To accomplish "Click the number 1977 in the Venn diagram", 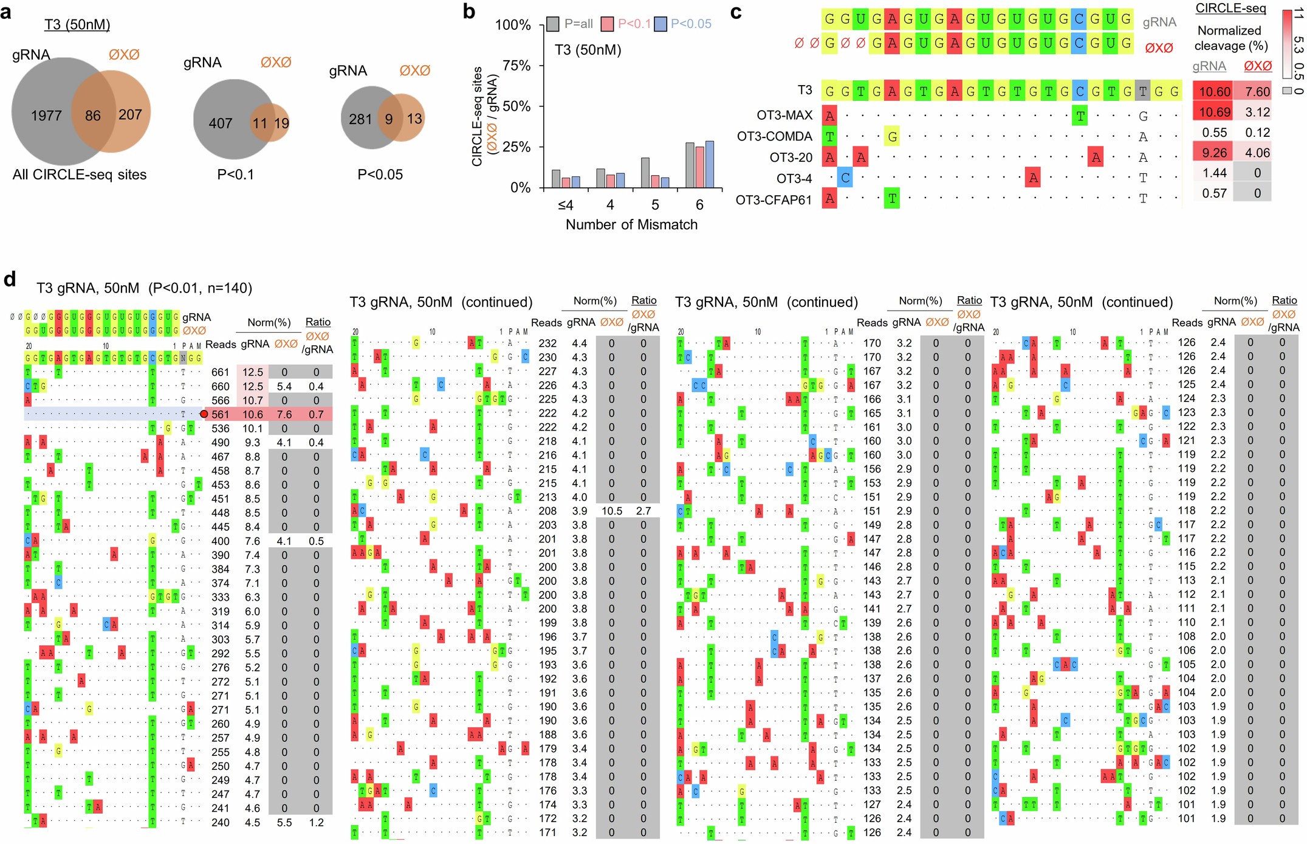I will point(46,116).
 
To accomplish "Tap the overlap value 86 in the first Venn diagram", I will point(93,116).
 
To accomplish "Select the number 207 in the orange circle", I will point(130,114).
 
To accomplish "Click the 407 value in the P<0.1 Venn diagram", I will point(220,123).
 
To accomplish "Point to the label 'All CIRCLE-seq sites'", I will point(80,175).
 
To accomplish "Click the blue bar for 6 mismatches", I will point(709,164).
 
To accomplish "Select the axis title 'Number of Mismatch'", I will point(631,224).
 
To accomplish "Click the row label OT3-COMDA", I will point(774,136).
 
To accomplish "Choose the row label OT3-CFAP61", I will point(773,199).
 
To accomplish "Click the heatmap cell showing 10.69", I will point(1215,112).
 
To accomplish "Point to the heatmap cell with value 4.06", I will point(1257,153).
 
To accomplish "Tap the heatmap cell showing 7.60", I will point(1257,92).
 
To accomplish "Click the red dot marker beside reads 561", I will point(204,414).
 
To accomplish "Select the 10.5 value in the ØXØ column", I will point(611,511).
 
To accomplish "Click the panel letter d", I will point(9,279).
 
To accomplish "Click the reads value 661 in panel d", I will point(220,372).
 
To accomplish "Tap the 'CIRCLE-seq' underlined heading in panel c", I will point(1230,8).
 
